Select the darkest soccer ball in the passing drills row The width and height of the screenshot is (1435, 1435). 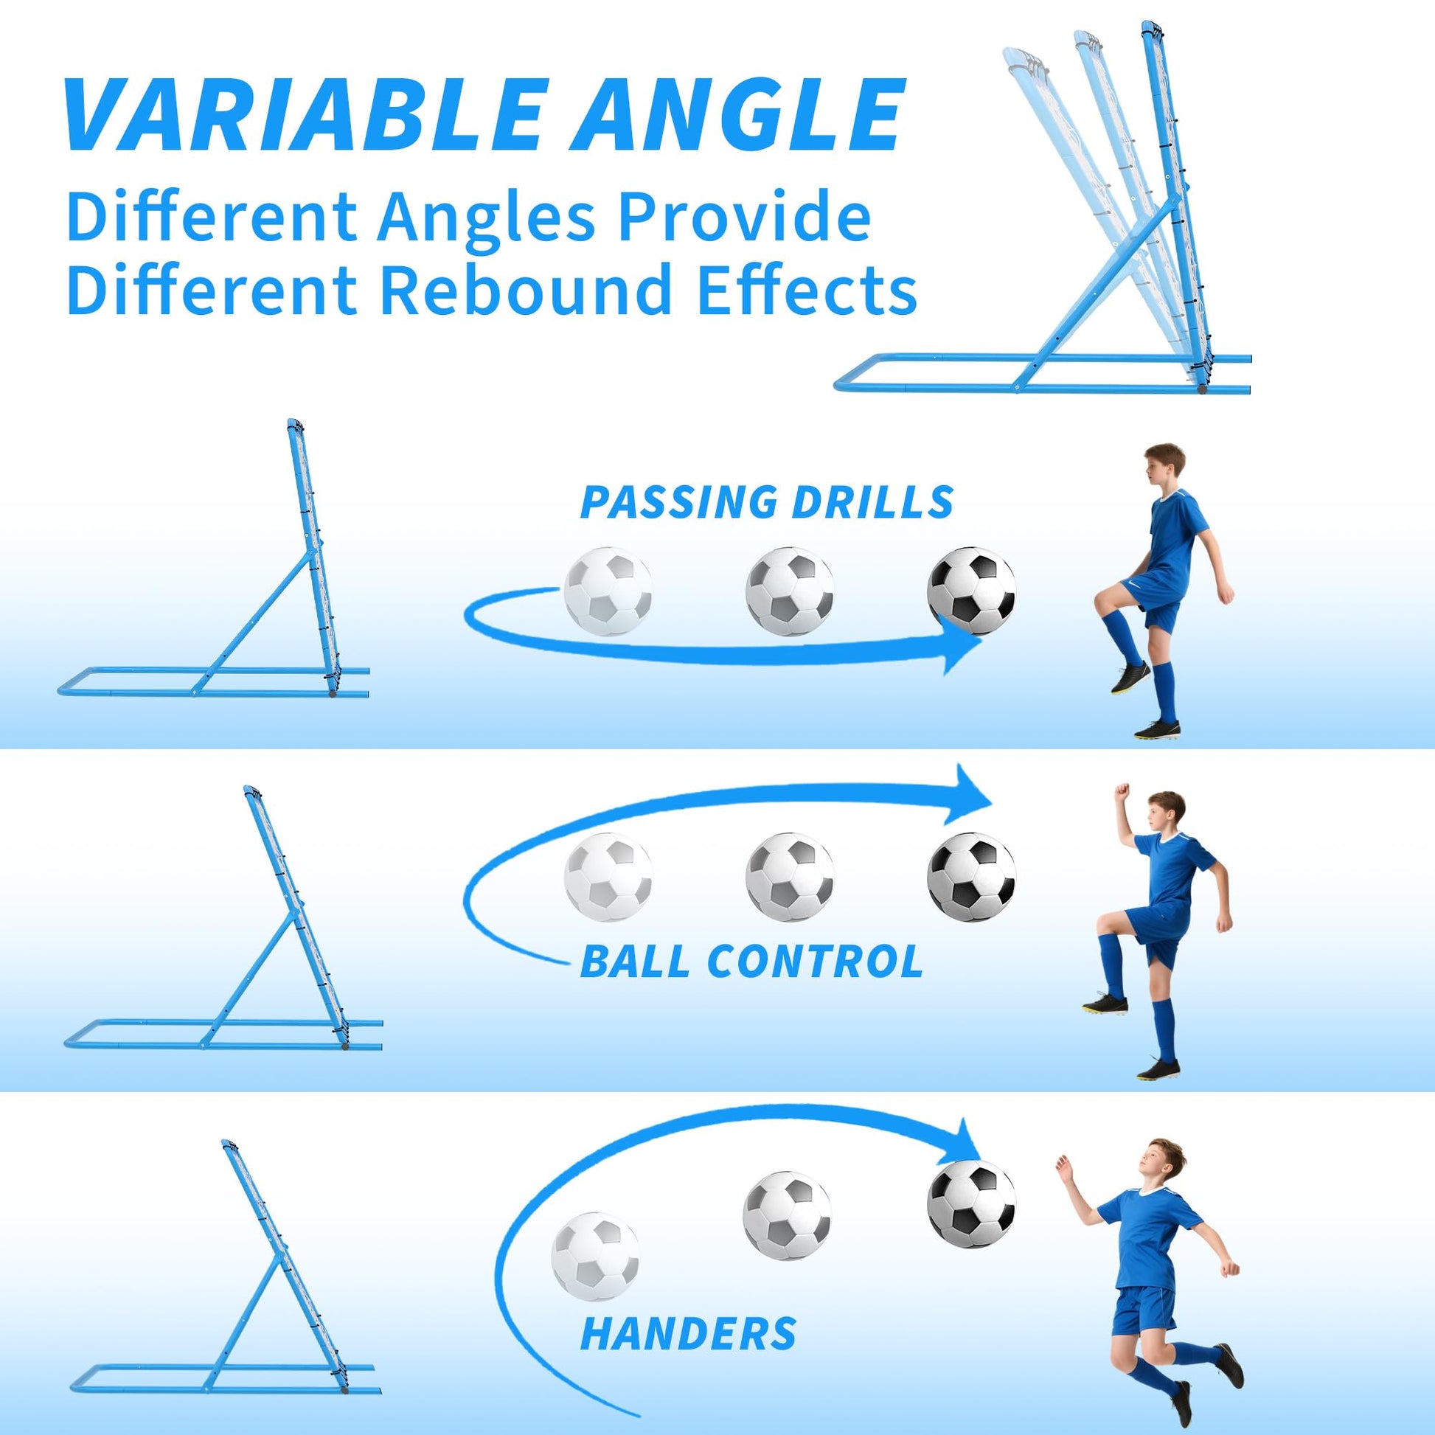[x=971, y=591]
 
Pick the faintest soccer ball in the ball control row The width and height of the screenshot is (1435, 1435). [x=608, y=878]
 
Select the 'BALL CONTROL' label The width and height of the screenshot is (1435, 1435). [x=751, y=961]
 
